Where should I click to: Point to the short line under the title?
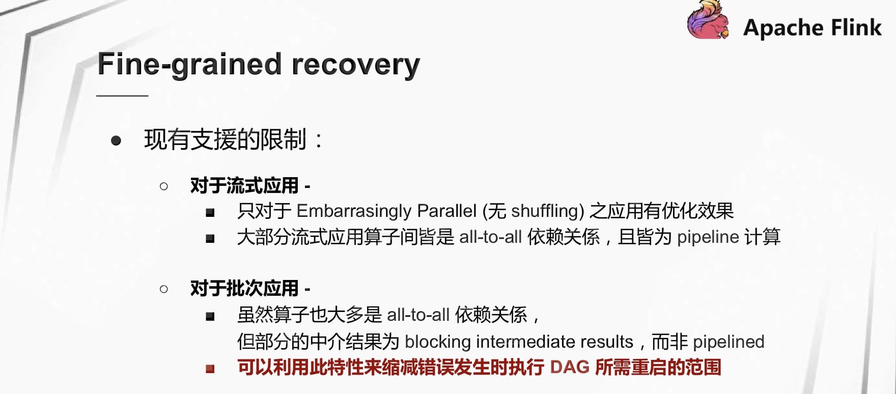[122, 95]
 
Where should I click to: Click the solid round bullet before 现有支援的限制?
[116, 140]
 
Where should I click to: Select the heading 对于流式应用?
[244, 186]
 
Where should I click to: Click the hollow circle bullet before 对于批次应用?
[164, 289]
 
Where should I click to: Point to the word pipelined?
[729, 342]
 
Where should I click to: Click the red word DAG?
[570, 368]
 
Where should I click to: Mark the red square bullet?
[210, 369]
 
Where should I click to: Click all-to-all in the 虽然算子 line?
[418, 315]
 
